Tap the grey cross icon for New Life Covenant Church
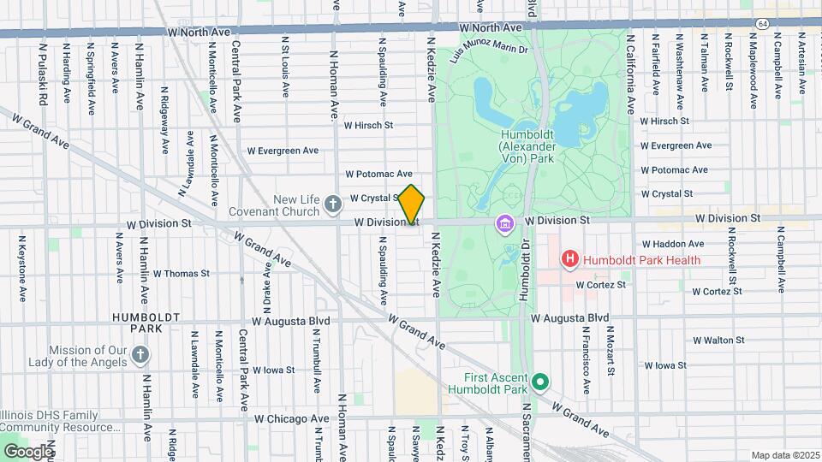tap(333, 204)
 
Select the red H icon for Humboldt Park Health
tap(569, 258)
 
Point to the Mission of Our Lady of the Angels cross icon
tap(141, 354)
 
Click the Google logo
tap(27, 451)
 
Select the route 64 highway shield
tap(761, 23)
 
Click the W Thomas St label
tap(181, 274)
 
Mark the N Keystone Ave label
tap(22, 269)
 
